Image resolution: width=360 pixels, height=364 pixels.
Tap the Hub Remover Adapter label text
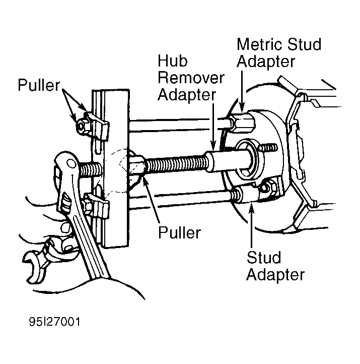pos(191,78)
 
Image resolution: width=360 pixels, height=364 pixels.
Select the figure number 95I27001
pos(55,322)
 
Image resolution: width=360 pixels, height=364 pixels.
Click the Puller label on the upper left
pos(39,85)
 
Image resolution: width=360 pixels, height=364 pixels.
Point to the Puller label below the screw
pos(179,232)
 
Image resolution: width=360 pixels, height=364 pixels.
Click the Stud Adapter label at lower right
pos(275,266)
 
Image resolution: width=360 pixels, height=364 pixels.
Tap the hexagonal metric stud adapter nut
pos(242,122)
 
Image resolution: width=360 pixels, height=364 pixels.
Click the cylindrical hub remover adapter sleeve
pos(228,161)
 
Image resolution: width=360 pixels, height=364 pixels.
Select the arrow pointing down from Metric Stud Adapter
pos(242,91)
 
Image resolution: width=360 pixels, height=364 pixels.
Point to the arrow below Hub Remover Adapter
pos(213,127)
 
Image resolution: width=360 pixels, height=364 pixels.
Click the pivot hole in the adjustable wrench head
pos(71,163)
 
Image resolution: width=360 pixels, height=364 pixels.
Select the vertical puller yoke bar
pos(110,168)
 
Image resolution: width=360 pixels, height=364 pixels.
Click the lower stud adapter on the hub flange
pos(246,193)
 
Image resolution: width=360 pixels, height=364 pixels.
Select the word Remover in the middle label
pos(191,78)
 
